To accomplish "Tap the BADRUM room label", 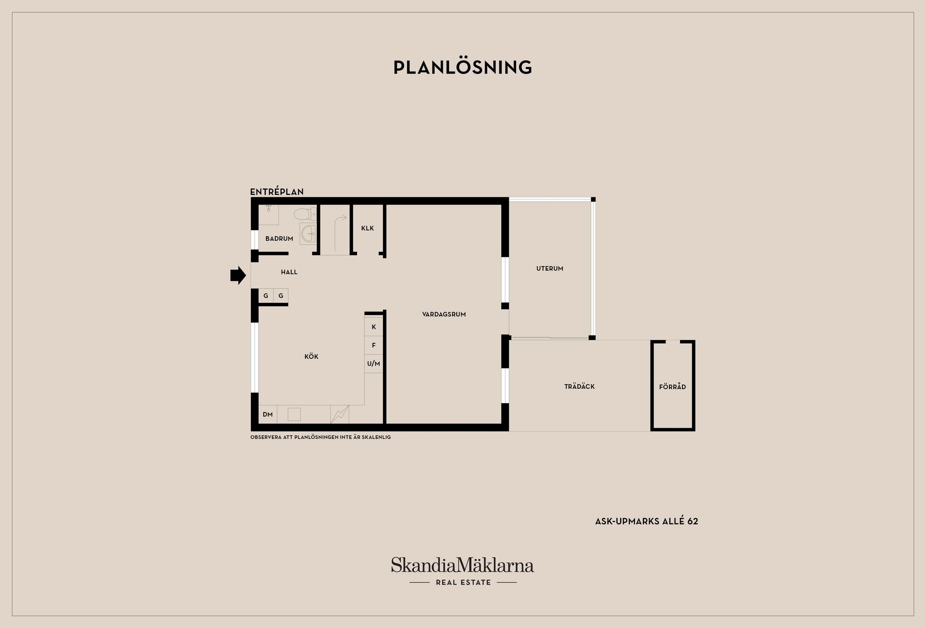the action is tap(279, 239).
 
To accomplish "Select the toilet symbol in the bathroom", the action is tap(305, 214).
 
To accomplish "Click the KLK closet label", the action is tap(368, 228).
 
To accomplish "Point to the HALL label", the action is tap(289, 272).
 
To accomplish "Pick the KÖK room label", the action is tap(312, 356).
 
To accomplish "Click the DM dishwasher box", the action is tap(268, 414).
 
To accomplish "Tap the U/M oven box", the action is tap(374, 364).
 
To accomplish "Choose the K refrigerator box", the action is tap(374, 327).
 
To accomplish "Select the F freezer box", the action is tap(374, 345).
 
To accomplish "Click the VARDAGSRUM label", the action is tap(444, 314).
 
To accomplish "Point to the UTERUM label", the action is tap(550, 269).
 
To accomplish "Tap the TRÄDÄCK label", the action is tap(580, 386).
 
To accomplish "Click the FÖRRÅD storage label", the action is tap(673, 387).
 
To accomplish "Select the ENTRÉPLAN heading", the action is tap(277, 191).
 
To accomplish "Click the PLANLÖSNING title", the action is tap(463, 68).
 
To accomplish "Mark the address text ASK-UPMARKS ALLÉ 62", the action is tap(647, 521).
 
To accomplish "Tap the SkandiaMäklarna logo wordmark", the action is tap(463, 565).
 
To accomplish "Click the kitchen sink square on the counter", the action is tap(294, 414).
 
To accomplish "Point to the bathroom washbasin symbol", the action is tap(308, 233).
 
